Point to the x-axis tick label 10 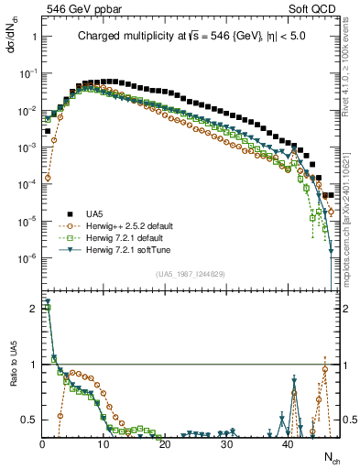pos(103,444)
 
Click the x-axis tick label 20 pos(164,444)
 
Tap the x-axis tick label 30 pos(225,444)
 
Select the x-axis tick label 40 pos(288,444)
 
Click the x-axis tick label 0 pos(42,444)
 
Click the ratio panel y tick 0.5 pos(27,420)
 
